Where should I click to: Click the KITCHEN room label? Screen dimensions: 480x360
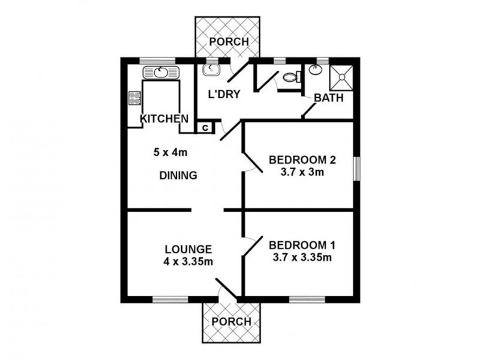click(x=164, y=118)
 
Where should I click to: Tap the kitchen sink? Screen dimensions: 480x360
click(x=160, y=73)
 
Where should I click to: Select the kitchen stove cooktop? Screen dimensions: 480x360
click(x=135, y=98)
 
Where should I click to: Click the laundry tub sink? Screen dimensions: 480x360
click(x=211, y=70)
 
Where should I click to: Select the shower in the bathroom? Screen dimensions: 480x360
click(x=341, y=78)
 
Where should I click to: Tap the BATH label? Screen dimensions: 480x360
click(x=329, y=98)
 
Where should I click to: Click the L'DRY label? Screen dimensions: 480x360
click(x=224, y=94)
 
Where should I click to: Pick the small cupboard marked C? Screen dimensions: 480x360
click(x=205, y=127)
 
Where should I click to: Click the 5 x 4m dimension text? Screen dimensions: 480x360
click(x=170, y=152)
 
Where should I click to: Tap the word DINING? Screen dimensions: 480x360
click(x=178, y=175)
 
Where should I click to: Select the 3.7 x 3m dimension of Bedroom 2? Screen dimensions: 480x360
click(x=302, y=172)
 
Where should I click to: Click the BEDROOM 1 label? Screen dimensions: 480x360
click(x=302, y=245)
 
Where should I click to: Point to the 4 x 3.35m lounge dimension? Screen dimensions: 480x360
click(x=188, y=262)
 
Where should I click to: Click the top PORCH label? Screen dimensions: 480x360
click(x=229, y=41)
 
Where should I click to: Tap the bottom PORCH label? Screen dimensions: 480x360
click(x=232, y=322)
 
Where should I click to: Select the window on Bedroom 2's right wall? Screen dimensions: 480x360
click(x=356, y=169)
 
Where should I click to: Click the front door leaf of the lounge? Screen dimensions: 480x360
click(x=226, y=288)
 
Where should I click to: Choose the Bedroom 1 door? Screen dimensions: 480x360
click(x=253, y=245)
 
